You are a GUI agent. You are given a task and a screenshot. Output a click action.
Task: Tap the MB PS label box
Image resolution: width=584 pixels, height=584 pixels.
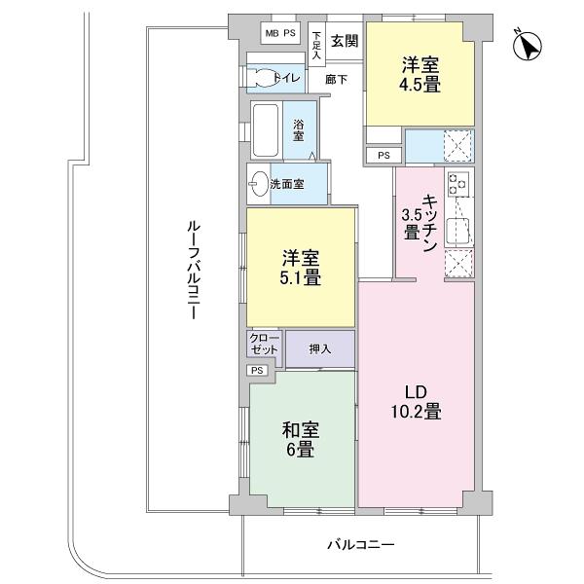[279, 33]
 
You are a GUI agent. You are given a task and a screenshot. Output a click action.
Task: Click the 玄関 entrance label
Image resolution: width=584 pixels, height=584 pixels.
[344, 40]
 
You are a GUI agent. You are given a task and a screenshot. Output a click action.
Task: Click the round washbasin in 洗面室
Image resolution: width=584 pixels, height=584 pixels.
[257, 183]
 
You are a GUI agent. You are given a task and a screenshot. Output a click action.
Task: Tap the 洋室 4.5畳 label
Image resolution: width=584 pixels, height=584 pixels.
[420, 76]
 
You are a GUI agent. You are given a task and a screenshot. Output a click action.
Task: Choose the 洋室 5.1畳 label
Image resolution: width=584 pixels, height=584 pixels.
[301, 268]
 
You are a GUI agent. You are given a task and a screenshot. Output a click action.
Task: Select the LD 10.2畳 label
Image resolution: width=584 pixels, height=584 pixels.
[417, 402]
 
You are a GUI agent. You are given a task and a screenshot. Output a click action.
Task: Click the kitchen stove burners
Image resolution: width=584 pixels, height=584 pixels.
[457, 183]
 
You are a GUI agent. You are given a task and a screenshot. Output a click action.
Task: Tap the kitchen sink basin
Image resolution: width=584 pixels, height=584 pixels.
[457, 230]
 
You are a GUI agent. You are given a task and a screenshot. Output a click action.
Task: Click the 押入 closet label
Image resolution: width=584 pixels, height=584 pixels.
[319, 348]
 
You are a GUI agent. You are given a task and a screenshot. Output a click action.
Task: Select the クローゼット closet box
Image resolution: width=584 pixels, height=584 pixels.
[264, 344]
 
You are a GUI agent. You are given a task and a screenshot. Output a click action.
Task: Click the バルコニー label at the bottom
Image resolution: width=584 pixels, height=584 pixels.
[360, 545]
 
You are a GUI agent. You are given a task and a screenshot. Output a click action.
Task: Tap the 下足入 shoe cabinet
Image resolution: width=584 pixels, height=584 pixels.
[316, 44]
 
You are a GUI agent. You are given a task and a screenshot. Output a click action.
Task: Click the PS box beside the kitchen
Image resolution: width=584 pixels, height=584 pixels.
[383, 154]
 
